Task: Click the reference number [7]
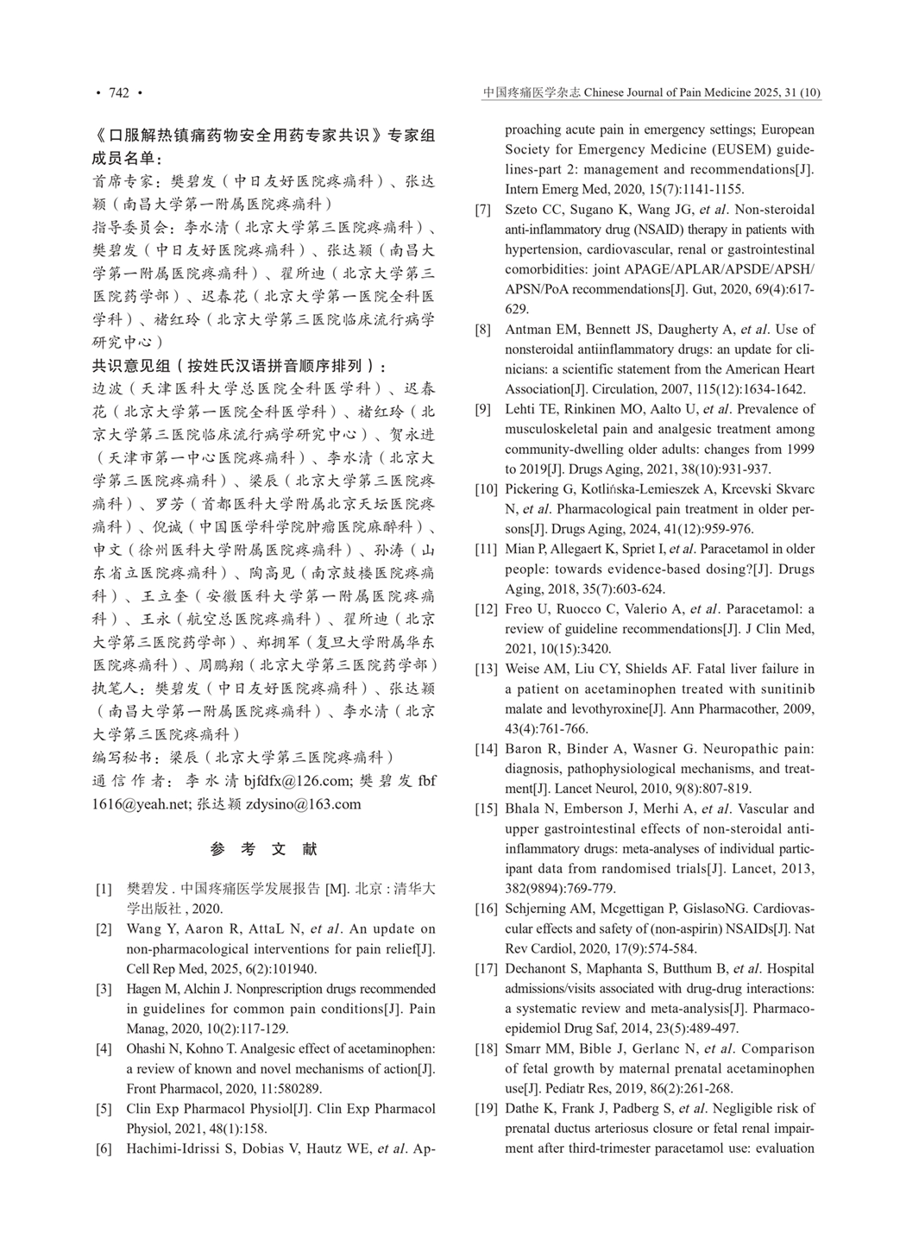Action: coord(483,210)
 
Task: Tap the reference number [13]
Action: coord(486,669)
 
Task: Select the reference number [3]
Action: coord(104,989)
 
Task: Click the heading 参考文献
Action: coord(264,849)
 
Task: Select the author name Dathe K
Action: coord(527,1108)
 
